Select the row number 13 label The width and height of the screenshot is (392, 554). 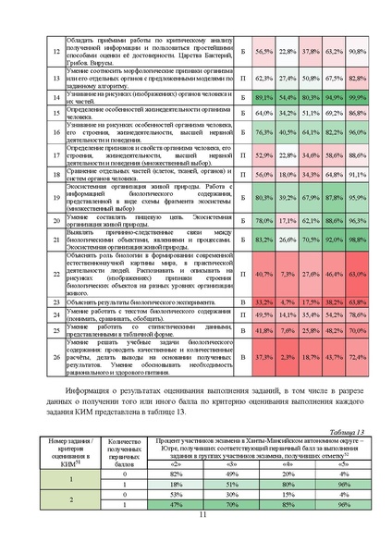[x=55, y=78]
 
